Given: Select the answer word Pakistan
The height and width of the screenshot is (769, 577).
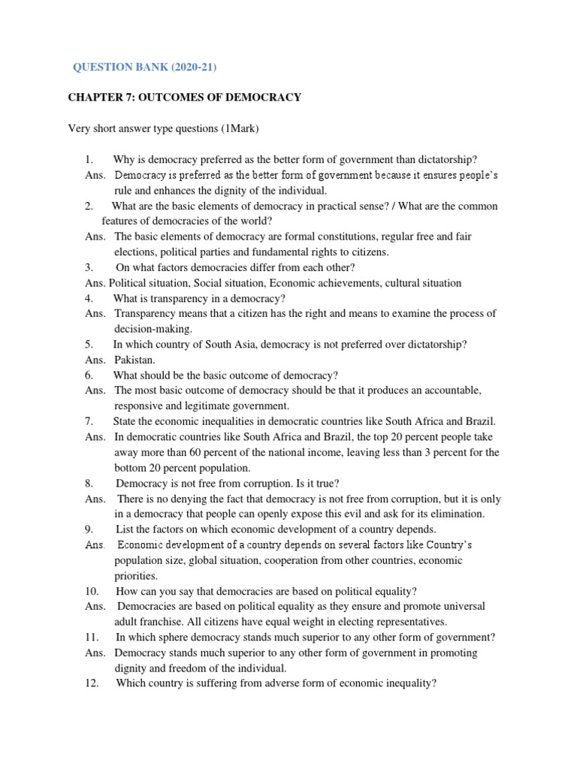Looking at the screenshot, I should click(x=134, y=360).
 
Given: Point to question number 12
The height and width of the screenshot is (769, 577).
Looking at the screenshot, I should click(x=92, y=683).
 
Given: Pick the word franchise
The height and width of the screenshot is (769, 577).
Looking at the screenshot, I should click(x=161, y=622).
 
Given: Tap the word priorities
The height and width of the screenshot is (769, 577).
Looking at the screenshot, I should click(x=136, y=575).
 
